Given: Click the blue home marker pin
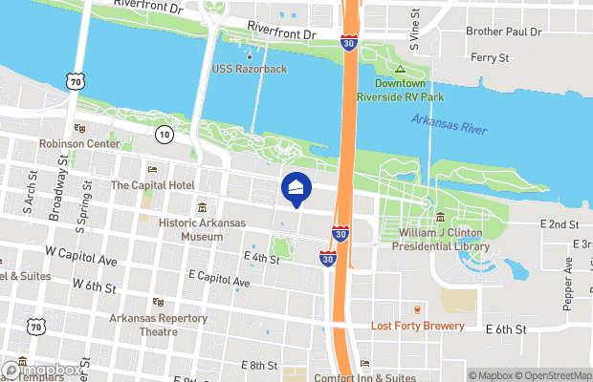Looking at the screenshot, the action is click(296, 190).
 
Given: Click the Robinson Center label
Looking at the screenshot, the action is click(79, 143).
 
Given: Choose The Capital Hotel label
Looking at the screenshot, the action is click(153, 184).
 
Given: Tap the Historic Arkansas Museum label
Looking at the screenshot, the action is click(202, 229).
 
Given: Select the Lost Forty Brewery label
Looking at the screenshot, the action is click(418, 326).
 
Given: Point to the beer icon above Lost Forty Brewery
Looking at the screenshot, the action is click(418, 309).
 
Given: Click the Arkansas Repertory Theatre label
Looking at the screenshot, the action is click(158, 325).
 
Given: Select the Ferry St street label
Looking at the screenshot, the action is click(490, 58).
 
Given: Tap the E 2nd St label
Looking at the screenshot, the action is click(560, 224).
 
